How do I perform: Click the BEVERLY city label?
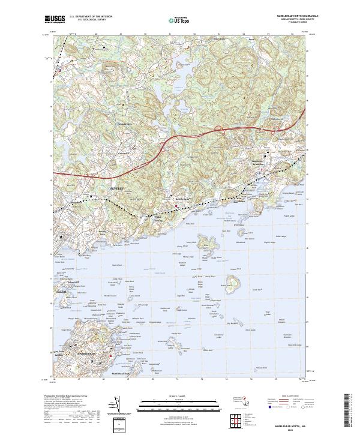pos(116,188)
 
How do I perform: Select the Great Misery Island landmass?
pos(209,244)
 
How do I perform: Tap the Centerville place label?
pos(124,153)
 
